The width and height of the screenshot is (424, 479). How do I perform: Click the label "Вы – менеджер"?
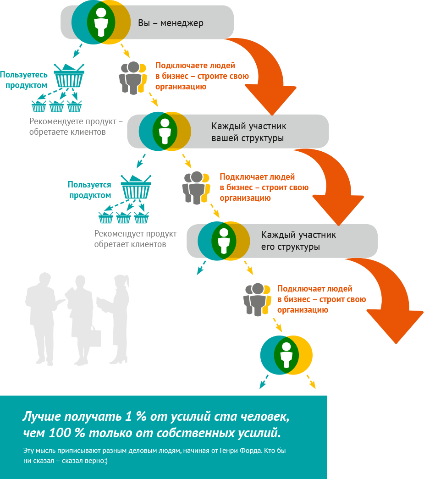point(171,23)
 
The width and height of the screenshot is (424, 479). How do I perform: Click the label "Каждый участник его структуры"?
point(298,241)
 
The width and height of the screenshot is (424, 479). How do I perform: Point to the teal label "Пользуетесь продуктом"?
point(24,80)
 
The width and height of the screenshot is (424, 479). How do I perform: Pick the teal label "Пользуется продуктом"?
point(90,190)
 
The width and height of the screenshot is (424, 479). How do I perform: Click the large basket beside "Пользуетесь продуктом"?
point(69,76)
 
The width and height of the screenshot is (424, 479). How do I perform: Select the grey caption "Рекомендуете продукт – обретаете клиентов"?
point(76,127)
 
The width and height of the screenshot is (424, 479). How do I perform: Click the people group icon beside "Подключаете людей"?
point(133,77)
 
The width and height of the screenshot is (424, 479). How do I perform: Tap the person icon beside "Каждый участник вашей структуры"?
point(165,131)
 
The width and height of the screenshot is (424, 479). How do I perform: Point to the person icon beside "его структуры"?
point(224,241)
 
